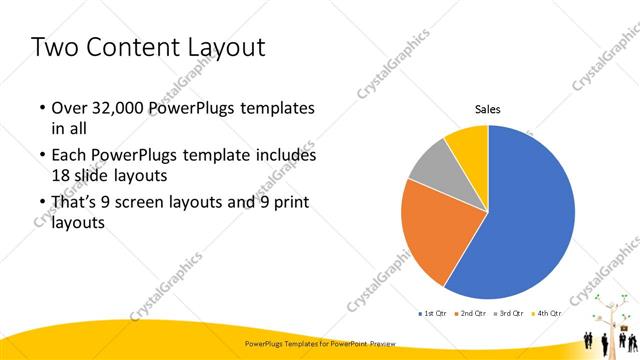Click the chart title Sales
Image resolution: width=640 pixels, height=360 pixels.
[x=487, y=110]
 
